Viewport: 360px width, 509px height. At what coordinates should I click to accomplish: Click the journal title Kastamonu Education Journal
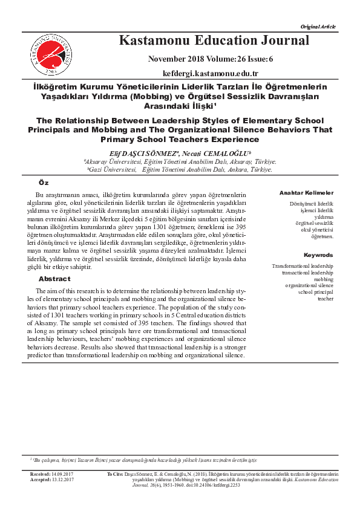[214, 41]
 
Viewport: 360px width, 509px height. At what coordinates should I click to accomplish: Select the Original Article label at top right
[318, 27]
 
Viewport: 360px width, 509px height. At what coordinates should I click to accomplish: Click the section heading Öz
[44, 183]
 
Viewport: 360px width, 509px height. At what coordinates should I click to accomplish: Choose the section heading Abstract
[54, 279]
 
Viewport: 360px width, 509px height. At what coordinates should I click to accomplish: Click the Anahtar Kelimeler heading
[306, 192]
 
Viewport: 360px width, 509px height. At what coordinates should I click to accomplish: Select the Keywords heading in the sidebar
[318, 255]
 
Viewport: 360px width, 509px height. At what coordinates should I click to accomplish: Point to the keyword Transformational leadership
[303, 266]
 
